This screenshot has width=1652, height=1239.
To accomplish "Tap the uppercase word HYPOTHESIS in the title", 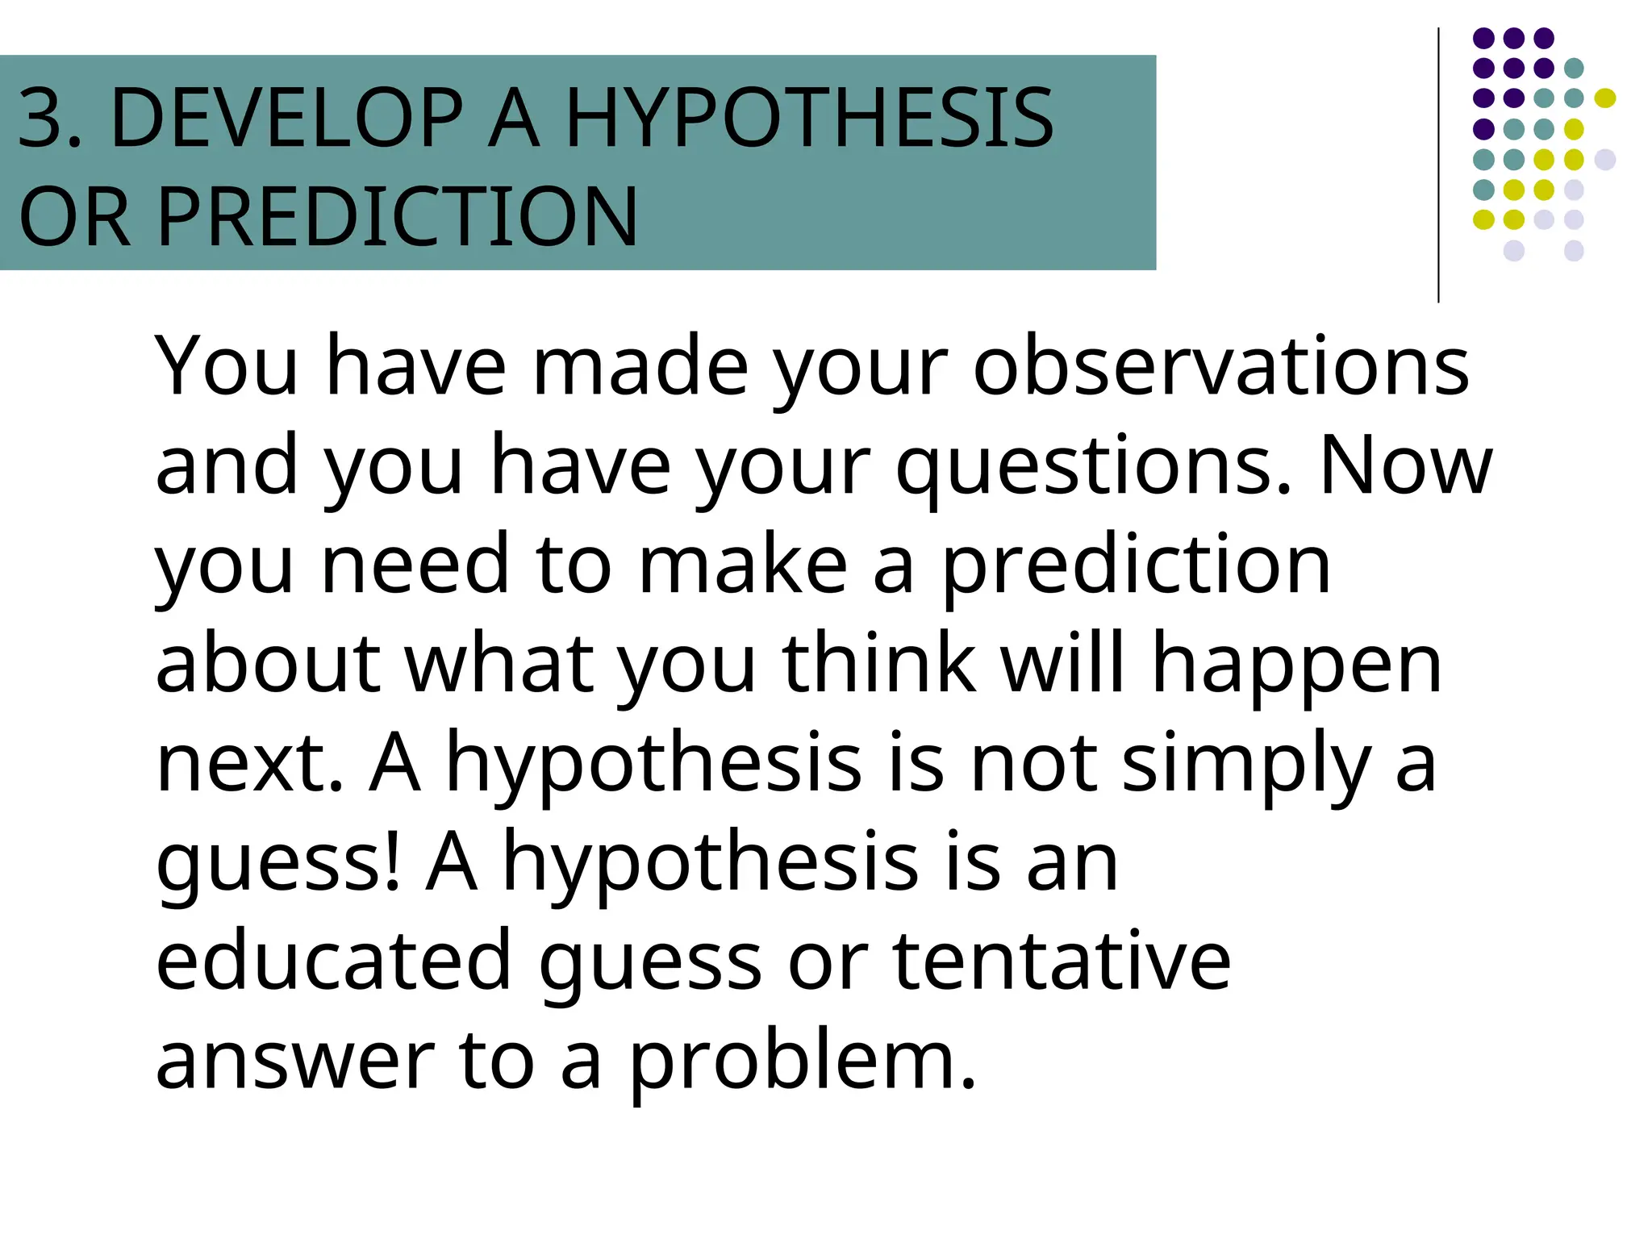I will [809, 119].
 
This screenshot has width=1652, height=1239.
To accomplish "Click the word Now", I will [1406, 466].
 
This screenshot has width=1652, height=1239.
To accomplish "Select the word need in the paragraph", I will [415, 565].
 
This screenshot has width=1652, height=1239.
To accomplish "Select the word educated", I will [333, 960].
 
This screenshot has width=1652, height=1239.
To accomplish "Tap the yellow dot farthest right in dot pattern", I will [1605, 98].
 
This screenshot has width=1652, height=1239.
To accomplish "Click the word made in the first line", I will [640, 367].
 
